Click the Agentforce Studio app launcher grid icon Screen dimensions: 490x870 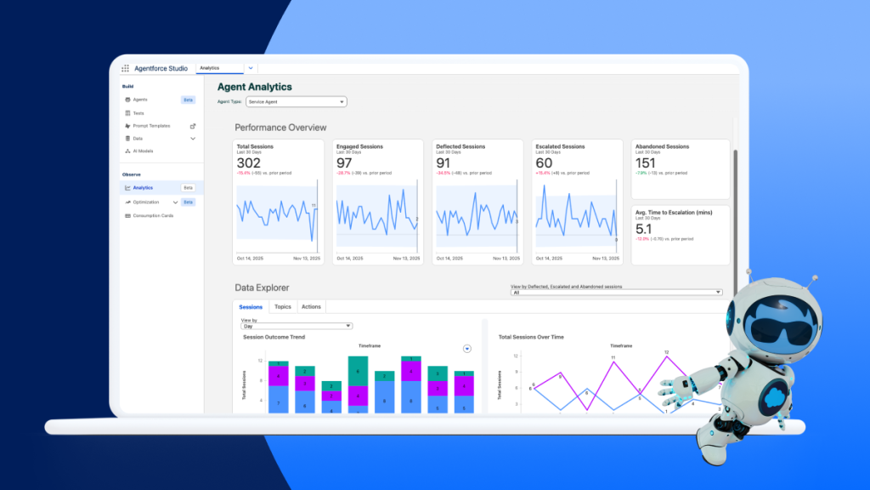pyautogui.click(x=126, y=68)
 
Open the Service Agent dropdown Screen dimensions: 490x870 pyautogui.click(x=296, y=102)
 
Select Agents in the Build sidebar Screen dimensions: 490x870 pyautogui.click(x=140, y=100)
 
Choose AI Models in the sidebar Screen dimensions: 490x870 pyautogui.click(x=143, y=151)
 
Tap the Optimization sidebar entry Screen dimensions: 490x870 pyautogui.click(x=146, y=202)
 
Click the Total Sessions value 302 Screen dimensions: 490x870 pyautogui.click(x=248, y=163)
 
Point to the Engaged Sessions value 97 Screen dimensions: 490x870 pyautogui.click(x=344, y=163)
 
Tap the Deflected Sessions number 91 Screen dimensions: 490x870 pyautogui.click(x=443, y=163)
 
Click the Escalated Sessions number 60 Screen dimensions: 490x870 pyautogui.click(x=544, y=163)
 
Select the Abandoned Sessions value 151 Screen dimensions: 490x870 pyautogui.click(x=646, y=163)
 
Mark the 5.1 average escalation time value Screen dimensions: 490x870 pyautogui.click(x=643, y=229)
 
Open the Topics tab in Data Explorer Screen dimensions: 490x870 pyautogui.click(x=282, y=306)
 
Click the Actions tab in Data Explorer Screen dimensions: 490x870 pyautogui.click(x=311, y=306)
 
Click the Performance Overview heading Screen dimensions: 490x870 pyautogui.click(x=280, y=128)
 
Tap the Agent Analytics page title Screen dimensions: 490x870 pyautogui.click(x=254, y=87)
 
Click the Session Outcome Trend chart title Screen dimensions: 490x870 pyautogui.click(x=274, y=337)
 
